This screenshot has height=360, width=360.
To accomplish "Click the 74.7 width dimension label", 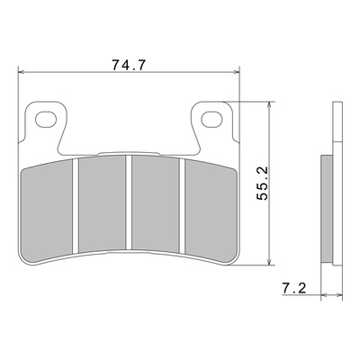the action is [129, 65].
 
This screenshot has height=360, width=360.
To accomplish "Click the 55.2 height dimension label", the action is [263, 184].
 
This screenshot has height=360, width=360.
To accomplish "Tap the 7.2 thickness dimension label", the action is [294, 289].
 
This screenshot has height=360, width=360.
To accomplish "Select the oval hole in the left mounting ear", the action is [46, 119].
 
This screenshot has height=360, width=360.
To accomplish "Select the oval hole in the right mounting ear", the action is [211, 119].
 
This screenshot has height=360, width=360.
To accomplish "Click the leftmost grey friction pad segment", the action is [47, 210].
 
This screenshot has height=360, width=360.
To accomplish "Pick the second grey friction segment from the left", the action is [102, 203].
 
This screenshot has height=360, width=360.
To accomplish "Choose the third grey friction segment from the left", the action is [156, 203].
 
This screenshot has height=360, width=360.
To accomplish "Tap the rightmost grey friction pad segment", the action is [211, 210].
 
